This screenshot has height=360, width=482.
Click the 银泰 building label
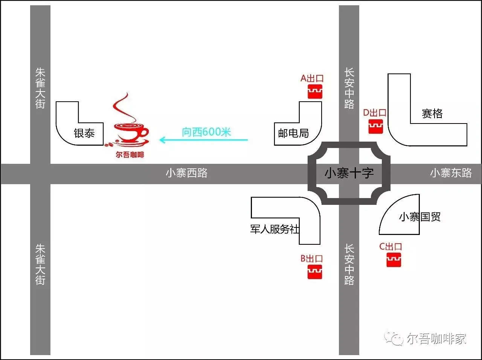point(84,133)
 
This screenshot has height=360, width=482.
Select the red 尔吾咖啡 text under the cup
point(130,154)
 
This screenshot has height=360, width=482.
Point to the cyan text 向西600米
point(206,132)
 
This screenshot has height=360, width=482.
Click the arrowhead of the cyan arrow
point(162,140)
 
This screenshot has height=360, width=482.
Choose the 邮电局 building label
point(293,133)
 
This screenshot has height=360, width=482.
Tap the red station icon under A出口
point(315,92)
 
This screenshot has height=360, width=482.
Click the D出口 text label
point(375,113)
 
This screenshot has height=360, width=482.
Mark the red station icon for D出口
point(375,126)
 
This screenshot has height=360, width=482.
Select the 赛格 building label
point(432,113)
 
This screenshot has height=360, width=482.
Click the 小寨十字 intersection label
point(349,173)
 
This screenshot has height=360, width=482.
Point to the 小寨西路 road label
point(187,173)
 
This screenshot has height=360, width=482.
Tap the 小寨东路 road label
point(451,173)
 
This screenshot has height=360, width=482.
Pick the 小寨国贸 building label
point(419,217)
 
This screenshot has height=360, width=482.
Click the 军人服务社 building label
point(275,229)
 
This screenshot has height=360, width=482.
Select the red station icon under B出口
point(315,272)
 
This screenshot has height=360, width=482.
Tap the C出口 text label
point(390,247)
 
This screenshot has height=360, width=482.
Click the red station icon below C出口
point(394,260)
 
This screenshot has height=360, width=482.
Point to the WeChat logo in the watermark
point(394,339)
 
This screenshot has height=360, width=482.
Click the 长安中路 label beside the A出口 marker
point(349,88)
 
